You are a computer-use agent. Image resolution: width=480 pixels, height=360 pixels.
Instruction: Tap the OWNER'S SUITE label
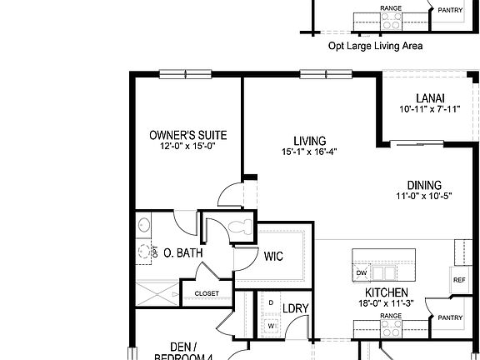[x=187, y=135]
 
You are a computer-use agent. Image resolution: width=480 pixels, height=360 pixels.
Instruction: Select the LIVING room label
[x=309, y=141]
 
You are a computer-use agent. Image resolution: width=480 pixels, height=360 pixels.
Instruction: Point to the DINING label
[x=424, y=185]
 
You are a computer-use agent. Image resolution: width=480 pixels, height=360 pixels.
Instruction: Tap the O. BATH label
[x=179, y=252]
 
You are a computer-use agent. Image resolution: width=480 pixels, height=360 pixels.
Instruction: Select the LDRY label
[x=296, y=308]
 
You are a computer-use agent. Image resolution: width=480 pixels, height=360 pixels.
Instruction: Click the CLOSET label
[x=207, y=293]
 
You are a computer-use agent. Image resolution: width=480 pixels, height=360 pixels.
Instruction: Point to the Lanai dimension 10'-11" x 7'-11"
[x=430, y=108]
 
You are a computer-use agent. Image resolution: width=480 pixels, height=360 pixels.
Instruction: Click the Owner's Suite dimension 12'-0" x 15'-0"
[x=187, y=146]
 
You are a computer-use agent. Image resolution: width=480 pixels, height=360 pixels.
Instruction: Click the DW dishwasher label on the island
[x=362, y=272]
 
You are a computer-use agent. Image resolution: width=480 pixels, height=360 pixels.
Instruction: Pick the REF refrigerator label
[x=459, y=280]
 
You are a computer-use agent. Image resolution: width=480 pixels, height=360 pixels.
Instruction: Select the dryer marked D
[x=271, y=302]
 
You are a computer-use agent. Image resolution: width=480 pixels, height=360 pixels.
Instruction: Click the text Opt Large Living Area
[x=375, y=47]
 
